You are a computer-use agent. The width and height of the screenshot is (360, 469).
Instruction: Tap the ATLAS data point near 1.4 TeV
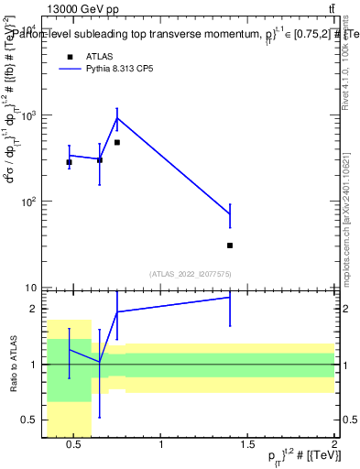click(230, 245)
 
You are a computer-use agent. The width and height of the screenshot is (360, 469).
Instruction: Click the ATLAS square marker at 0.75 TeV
click(117, 142)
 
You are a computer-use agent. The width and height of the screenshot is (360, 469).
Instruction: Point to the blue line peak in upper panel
click(117, 118)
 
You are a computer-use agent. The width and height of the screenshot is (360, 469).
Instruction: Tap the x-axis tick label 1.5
click(247, 446)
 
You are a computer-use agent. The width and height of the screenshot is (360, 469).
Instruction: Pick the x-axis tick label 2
click(334, 446)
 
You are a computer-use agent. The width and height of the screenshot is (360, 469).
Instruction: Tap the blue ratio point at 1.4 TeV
click(230, 297)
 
